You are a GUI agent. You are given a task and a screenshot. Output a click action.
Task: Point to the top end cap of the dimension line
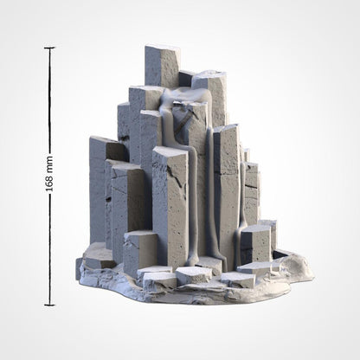tap(48, 48)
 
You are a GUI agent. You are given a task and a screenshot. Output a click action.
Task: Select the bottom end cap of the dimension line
tap(48, 305)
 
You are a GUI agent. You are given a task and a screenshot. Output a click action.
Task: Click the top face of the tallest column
tap(163, 50)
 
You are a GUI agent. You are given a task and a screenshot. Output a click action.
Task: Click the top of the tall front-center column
tap(170, 151)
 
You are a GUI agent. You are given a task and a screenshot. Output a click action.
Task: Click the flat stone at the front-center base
tap(192, 274)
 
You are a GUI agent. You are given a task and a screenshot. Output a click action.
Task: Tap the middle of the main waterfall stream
tap(203, 173)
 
